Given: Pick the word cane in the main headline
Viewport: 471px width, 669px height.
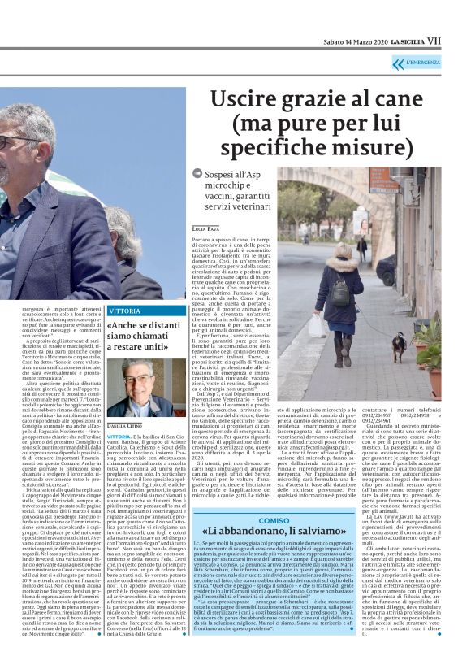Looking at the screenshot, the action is [x=408, y=101].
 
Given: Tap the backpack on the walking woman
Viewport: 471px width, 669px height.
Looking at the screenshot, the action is [x=339, y=292].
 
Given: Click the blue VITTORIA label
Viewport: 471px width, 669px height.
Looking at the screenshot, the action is [x=125, y=311].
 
